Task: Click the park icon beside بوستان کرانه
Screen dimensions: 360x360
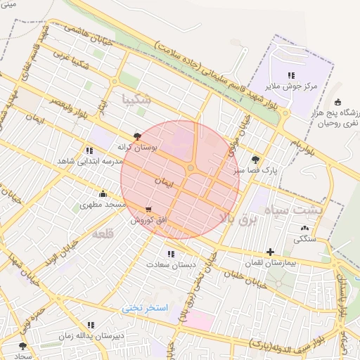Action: (137, 137)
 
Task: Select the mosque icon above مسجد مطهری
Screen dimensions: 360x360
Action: (103, 194)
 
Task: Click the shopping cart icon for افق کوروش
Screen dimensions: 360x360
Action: (148, 209)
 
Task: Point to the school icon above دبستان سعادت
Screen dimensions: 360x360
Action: (171, 254)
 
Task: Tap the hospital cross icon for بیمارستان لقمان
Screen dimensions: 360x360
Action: (270, 252)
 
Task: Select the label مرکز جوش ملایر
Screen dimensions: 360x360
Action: (291, 86)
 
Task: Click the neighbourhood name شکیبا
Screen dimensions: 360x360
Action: (136, 98)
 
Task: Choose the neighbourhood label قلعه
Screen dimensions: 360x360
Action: (103, 233)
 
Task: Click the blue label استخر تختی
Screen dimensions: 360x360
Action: (145, 308)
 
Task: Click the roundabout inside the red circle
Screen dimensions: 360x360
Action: (191, 167)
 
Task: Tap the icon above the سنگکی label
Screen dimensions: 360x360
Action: (304, 228)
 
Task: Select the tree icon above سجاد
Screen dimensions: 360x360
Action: (22, 346)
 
